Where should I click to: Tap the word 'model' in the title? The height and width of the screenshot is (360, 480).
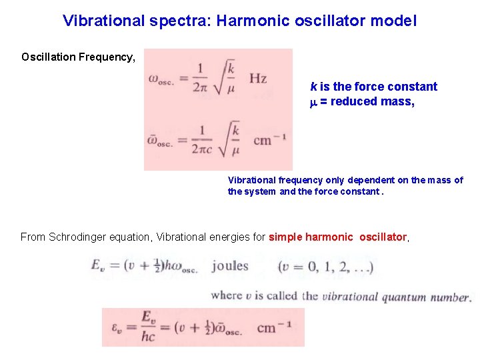pyautogui.click(x=395, y=21)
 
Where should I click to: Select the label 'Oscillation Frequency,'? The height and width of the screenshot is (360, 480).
pyautogui.click(x=78, y=57)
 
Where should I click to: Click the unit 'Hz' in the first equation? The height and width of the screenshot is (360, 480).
pyautogui.click(x=258, y=79)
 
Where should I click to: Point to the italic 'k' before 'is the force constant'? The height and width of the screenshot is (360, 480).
pyautogui.click(x=313, y=87)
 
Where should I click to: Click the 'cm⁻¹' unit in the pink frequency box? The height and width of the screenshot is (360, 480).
pyautogui.click(x=270, y=141)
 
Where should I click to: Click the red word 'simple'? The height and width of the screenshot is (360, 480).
pyautogui.click(x=285, y=237)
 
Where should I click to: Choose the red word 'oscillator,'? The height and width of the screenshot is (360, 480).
pyautogui.click(x=384, y=237)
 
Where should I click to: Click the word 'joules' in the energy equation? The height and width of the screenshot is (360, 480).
pyautogui.click(x=230, y=267)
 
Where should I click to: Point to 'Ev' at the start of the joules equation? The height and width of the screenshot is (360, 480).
pyautogui.click(x=100, y=267)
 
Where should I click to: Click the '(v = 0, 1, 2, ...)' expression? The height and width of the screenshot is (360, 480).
pyautogui.click(x=326, y=268)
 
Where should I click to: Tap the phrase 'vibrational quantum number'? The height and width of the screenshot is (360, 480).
pyautogui.click(x=396, y=297)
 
